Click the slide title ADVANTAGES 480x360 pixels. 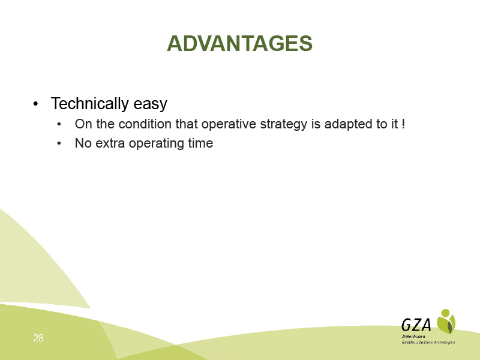[239, 43]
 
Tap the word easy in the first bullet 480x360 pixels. [151, 104]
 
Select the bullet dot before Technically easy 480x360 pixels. [36, 104]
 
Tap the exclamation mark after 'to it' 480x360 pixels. [403, 124]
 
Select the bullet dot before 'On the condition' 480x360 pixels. [59, 124]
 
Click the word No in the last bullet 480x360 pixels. [83, 143]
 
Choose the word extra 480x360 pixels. [110, 143]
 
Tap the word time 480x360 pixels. [200, 143]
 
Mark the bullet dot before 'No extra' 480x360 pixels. [59, 143]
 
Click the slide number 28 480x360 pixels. [38, 338]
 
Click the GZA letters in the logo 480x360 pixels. [416, 325]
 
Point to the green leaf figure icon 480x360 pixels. [446, 321]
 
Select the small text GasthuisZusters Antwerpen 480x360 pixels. [428, 342]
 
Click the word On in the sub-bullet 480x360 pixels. [83, 124]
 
